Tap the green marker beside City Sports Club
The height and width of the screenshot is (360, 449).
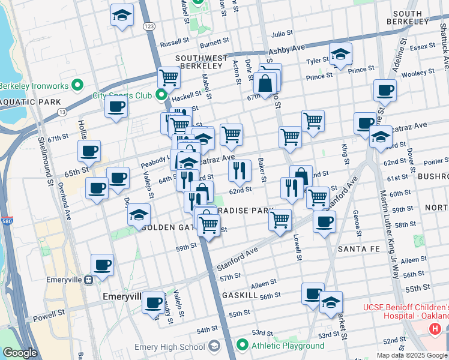[x=161, y=95]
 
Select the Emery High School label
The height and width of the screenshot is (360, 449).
[x=171, y=346]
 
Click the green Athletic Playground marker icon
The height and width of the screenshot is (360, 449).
[x=243, y=345]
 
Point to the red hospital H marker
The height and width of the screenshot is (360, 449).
[x=435, y=329]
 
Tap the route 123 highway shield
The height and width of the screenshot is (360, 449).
[x=149, y=26]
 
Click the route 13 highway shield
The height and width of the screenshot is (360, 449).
[x=61, y=112]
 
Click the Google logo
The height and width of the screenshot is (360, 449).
[x=20, y=353]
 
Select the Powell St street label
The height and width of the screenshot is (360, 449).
[x=48, y=314]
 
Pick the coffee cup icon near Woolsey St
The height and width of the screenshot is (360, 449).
[x=384, y=91]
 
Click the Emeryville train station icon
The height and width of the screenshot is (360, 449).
[x=88, y=279]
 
